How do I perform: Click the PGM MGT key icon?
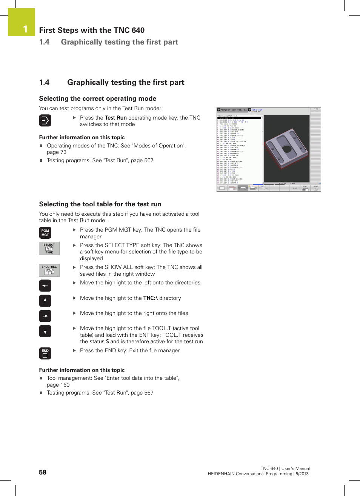point(45,233)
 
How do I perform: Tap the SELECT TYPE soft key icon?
point(49,248)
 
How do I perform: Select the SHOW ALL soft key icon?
point(49,270)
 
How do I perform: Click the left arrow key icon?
point(45,286)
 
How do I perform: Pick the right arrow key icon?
point(45,316)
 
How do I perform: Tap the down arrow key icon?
point(45,331)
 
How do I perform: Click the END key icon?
point(45,353)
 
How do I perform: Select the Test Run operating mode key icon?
point(45,121)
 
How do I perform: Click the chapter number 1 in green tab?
point(25,29)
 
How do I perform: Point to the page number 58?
point(43,472)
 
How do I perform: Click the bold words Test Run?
point(115,118)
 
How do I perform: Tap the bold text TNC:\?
point(150,298)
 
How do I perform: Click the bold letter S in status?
point(108,342)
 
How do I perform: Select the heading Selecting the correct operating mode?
point(97,98)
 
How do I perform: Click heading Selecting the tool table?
point(100,204)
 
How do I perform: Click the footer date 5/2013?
point(302,474)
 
